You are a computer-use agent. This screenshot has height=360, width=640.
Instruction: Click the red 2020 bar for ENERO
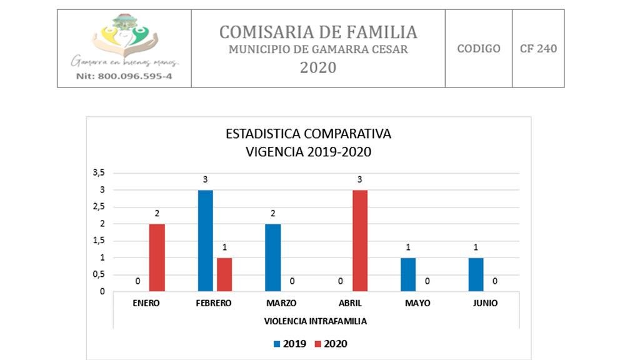coord(157,257)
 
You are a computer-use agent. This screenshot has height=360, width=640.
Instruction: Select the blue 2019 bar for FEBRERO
coord(205,241)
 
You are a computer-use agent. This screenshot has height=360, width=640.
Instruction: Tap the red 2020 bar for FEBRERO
coord(224,274)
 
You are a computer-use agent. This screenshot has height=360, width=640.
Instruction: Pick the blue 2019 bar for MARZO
coord(272,257)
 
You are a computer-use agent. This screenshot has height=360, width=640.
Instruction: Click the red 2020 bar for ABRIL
coord(359,241)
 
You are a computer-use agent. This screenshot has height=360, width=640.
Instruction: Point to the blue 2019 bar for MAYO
coord(407,274)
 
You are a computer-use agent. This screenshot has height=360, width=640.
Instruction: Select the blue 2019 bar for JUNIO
coord(475,274)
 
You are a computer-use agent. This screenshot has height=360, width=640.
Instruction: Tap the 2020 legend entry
coord(329,344)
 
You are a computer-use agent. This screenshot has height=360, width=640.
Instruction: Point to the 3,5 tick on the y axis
coord(99,172)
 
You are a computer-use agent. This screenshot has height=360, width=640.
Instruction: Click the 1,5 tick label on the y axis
coord(99,241)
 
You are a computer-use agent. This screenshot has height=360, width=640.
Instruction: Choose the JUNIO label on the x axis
coord(485,303)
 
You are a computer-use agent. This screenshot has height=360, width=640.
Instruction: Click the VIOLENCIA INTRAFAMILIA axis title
coord(315,321)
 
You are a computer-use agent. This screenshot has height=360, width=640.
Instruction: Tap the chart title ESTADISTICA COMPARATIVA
coord(308,134)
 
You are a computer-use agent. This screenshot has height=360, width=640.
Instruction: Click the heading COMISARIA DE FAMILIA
coord(318,31)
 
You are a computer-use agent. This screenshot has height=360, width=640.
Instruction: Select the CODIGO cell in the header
coord(479,49)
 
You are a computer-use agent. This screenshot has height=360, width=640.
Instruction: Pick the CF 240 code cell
coord(538,49)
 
